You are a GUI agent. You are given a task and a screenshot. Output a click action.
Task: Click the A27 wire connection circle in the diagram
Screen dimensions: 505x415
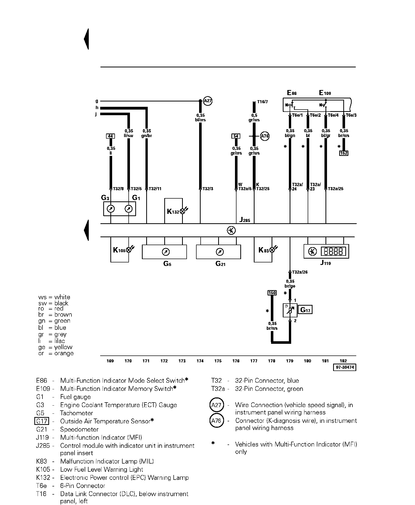(208, 101)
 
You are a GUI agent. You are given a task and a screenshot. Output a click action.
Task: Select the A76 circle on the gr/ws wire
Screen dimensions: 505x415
(265, 136)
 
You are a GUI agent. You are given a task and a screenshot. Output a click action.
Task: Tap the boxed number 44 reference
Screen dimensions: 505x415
(110, 136)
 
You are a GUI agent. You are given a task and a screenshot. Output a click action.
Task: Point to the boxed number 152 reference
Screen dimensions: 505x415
(344, 153)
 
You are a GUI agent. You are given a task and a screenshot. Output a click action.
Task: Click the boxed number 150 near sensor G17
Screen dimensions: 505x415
(272, 293)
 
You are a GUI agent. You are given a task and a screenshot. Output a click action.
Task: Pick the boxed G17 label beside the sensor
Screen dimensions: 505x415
(305, 310)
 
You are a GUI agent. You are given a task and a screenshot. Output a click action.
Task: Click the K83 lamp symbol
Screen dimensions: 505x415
(272, 250)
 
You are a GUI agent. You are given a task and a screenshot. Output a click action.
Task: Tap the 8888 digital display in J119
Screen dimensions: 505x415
(333, 251)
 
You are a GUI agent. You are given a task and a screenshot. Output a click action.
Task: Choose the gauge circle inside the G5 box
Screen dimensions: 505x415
(166, 252)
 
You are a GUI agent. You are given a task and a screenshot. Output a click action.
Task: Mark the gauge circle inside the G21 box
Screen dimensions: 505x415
(219, 252)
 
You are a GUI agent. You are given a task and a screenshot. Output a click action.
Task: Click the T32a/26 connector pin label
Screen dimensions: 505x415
(300, 272)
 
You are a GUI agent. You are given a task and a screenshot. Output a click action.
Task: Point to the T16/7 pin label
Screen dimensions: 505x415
(262, 102)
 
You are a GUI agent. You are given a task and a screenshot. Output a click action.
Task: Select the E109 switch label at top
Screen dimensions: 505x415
(325, 93)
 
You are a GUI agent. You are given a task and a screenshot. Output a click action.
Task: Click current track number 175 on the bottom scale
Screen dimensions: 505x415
(218, 361)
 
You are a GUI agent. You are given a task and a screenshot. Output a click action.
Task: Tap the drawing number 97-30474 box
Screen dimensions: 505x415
(344, 367)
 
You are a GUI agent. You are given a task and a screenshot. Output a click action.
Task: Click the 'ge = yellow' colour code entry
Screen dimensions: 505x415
(55, 347)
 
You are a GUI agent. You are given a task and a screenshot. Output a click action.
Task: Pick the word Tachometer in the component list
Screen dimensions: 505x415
(76, 413)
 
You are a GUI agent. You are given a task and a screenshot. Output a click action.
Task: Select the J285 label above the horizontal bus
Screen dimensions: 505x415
(245, 220)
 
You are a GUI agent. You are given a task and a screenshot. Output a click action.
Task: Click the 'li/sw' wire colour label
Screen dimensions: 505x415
(129, 136)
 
